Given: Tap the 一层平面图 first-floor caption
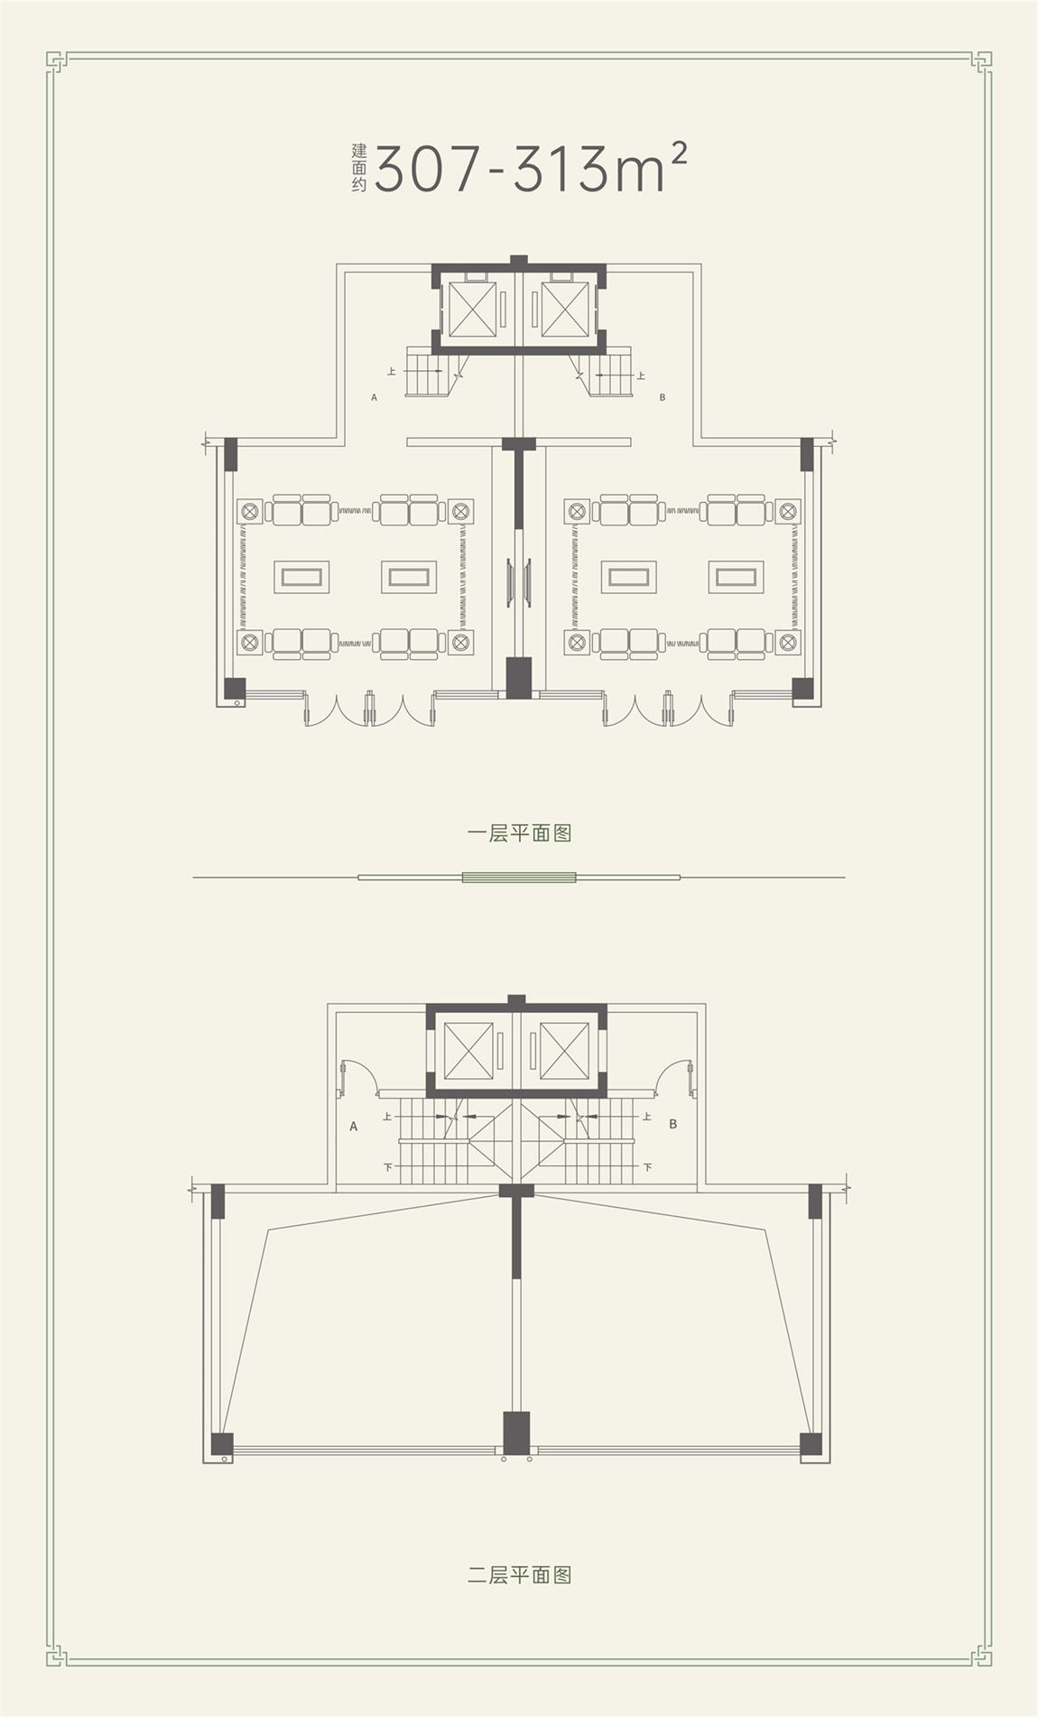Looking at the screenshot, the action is pyautogui.click(x=520, y=832).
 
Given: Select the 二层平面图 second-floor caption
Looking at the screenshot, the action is pyautogui.click(x=520, y=1575).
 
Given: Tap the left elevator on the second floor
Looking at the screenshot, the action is pyautogui.click(x=469, y=1051).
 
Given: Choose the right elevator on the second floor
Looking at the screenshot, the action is pyautogui.click(x=565, y=1051).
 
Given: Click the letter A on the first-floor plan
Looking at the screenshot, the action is pyautogui.click(x=374, y=396).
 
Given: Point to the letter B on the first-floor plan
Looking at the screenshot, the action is pyautogui.click(x=663, y=396).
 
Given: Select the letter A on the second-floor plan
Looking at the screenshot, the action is pyautogui.click(x=354, y=1127).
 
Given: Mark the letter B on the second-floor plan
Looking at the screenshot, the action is pyautogui.click(x=673, y=1125).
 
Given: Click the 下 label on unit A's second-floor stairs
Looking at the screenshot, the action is pyautogui.click(x=388, y=1167).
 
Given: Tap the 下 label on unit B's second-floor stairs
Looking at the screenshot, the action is pyautogui.click(x=648, y=1167).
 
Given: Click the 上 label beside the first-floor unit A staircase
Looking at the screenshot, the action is pyautogui.click(x=392, y=371).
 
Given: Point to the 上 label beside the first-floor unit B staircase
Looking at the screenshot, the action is pyautogui.click(x=641, y=375).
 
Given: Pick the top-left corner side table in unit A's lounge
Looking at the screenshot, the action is pyautogui.click(x=250, y=512).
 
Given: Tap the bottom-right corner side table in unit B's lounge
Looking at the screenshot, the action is pyautogui.click(x=788, y=643).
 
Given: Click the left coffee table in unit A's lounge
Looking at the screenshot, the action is pyautogui.click(x=301, y=577).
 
